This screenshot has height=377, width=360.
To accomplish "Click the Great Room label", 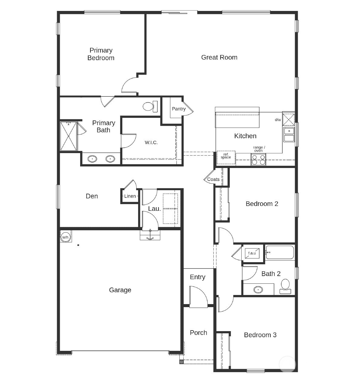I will [219, 57].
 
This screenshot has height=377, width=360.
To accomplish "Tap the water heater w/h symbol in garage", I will [65, 237].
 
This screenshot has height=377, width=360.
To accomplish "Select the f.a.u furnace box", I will [252, 253].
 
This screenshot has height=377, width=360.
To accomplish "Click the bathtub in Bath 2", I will [280, 252].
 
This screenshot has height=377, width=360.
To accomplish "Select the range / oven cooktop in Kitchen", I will [258, 159].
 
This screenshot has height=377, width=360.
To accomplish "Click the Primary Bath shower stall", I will [69, 136].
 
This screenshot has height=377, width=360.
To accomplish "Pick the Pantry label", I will [178, 109].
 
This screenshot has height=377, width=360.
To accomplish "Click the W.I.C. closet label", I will [151, 142].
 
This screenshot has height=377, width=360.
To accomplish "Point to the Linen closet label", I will [130, 196].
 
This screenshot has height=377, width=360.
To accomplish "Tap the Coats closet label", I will [213, 179].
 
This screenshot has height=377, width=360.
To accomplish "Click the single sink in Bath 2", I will [258, 290].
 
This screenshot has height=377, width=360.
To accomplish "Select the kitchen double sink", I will [289, 135].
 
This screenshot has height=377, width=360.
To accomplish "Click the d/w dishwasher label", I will [278, 120].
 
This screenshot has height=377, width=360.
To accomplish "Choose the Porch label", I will [198, 333].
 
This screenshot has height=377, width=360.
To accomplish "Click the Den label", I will [92, 196].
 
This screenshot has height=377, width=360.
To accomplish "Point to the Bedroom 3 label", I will [260, 335].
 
